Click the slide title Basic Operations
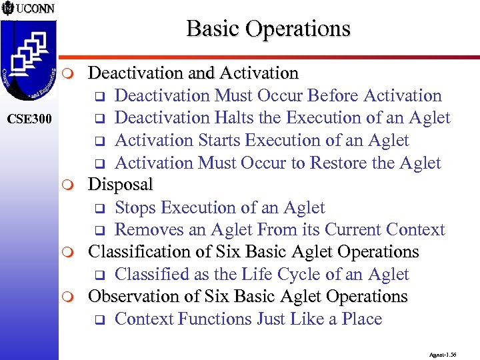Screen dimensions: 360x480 click(268, 29)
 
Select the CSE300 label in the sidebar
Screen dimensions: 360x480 click(29, 119)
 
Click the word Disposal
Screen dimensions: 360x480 click(121, 184)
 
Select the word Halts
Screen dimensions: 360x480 click(234, 118)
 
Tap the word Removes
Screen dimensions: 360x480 click(144, 230)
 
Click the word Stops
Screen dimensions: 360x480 click(136, 207)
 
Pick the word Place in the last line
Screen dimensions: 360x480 click(361, 319)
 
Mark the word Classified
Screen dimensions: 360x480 click(151, 275)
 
